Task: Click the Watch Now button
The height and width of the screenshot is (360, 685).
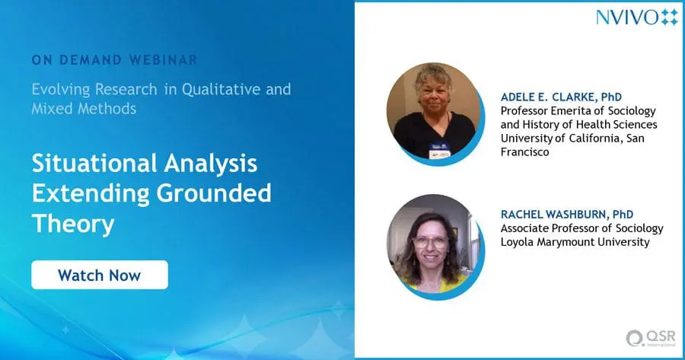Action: (x=100, y=275)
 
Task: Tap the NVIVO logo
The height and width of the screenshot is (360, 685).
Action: (x=637, y=18)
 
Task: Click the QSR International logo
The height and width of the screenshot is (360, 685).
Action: (x=651, y=339)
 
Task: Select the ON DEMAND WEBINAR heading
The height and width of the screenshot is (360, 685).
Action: (x=114, y=60)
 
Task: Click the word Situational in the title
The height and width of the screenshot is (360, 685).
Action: (x=94, y=164)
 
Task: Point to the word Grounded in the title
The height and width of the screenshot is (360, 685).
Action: (x=214, y=193)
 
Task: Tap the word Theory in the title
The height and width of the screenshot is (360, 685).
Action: (x=73, y=223)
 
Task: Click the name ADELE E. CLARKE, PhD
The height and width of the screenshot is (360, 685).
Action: (x=561, y=97)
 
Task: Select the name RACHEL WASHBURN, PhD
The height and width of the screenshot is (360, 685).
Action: (x=566, y=215)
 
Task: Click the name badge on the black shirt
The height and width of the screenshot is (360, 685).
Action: (x=439, y=151)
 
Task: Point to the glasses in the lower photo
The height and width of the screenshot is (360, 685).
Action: (x=430, y=242)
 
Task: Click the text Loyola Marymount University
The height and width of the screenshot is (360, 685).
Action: (x=575, y=242)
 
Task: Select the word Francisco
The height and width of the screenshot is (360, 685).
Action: (x=524, y=152)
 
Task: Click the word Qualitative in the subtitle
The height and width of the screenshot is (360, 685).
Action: (x=221, y=90)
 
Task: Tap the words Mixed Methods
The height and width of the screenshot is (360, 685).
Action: (x=84, y=108)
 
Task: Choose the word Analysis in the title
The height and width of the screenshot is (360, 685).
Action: (x=211, y=164)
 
